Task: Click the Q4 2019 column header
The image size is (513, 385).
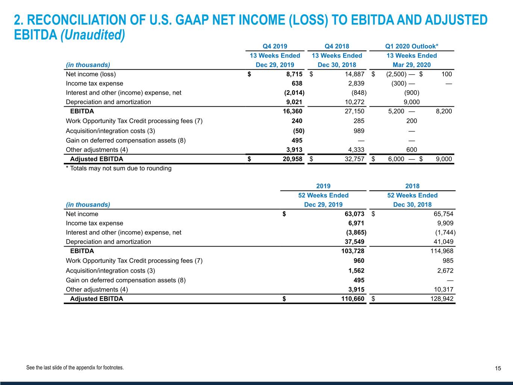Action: coord(275,46)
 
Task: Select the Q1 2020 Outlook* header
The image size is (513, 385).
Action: coord(412,46)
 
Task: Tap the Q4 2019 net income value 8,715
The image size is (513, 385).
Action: coord(294,74)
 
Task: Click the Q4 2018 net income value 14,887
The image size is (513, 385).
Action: coord(354,74)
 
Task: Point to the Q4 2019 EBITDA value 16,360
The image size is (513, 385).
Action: coord(292,111)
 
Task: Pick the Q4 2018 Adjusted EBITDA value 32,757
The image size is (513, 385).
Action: coord(354,159)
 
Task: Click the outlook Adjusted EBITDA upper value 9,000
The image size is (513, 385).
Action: coord(444,159)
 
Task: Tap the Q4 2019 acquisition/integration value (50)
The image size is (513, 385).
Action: coord(299,131)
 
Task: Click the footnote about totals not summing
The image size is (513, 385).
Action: coord(119,168)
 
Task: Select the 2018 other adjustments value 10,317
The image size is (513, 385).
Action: coord(443,290)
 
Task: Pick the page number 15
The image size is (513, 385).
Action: coord(498,368)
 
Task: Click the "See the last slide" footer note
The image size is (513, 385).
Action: coord(75,368)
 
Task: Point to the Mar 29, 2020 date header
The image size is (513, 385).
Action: coord(412,65)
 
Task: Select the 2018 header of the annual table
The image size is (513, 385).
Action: coord(412,186)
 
